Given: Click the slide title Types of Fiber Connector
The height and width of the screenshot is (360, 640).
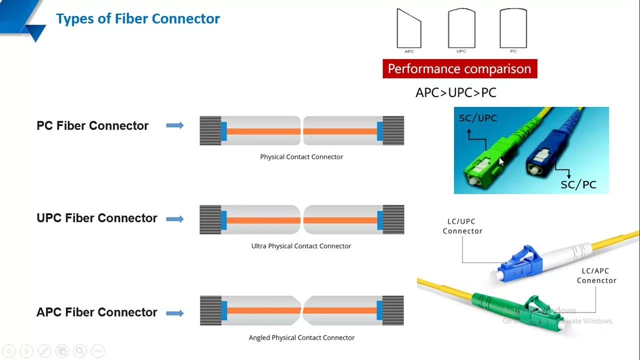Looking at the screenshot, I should pyautogui.click(x=137, y=19).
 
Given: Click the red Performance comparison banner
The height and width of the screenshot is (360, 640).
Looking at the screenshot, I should pyautogui.click(x=459, y=68).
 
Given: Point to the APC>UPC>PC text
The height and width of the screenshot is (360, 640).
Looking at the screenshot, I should pyautogui.click(x=455, y=92).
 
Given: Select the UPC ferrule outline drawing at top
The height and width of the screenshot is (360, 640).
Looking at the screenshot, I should pyautogui.click(x=461, y=29).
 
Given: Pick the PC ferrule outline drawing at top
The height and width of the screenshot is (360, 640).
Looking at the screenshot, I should pyautogui.click(x=513, y=29).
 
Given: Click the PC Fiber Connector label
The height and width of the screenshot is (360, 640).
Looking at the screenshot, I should pyautogui.click(x=92, y=125).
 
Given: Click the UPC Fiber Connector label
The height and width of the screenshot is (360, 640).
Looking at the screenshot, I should pyautogui.click(x=96, y=218).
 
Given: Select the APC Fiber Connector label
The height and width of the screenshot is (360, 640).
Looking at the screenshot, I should pyautogui.click(x=96, y=312).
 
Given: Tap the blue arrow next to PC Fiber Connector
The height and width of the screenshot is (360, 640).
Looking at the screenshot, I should pyautogui.click(x=175, y=125).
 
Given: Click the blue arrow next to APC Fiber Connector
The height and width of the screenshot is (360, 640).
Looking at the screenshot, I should pyautogui.click(x=175, y=313).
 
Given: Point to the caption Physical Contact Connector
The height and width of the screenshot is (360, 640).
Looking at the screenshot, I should pyautogui.click(x=301, y=157).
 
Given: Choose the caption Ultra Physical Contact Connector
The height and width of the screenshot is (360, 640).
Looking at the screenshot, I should pyautogui.click(x=301, y=246).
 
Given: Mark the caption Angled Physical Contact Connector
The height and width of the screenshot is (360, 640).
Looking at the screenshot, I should pyautogui.click(x=301, y=338).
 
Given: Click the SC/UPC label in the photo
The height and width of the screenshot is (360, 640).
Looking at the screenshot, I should pyautogui.click(x=477, y=118).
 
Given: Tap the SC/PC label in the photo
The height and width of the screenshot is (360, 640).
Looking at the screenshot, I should pyautogui.click(x=578, y=185).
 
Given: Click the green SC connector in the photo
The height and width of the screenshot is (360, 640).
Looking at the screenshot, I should pyautogui.click(x=482, y=160).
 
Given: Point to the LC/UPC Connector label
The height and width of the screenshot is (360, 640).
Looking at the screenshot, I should pyautogui.click(x=462, y=226).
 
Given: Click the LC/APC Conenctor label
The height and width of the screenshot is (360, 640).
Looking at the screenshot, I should pyautogui.click(x=596, y=275).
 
